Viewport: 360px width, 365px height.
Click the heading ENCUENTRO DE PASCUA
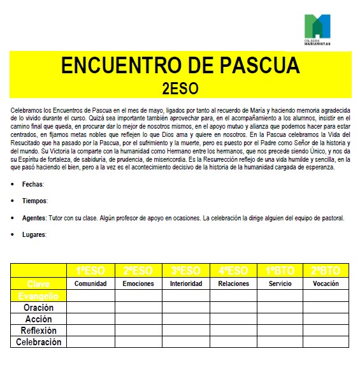(180, 66)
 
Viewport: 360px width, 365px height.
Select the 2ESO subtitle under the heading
(180, 87)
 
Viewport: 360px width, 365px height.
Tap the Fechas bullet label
(32, 184)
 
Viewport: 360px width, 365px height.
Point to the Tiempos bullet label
(34, 201)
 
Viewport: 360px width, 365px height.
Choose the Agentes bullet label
(34, 218)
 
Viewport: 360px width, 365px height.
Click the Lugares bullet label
(34, 234)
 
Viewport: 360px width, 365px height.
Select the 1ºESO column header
(90, 271)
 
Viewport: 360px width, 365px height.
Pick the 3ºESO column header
(186, 271)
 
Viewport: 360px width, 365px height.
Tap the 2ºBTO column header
(326, 271)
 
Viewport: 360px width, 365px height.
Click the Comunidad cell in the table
(90, 283)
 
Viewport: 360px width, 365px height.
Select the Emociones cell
(138, 283)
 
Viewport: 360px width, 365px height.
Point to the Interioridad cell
(186, 283)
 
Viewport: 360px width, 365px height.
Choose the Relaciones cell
(233, 283)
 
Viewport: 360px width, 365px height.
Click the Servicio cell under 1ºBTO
(280, 283)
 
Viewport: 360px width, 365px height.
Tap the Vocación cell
(326, 283)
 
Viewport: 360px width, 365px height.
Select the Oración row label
(38, 308)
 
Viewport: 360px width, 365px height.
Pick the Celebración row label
(38, 342)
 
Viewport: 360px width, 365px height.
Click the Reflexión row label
(38, 331)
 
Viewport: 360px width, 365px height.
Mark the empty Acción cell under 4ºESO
(233, 319)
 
